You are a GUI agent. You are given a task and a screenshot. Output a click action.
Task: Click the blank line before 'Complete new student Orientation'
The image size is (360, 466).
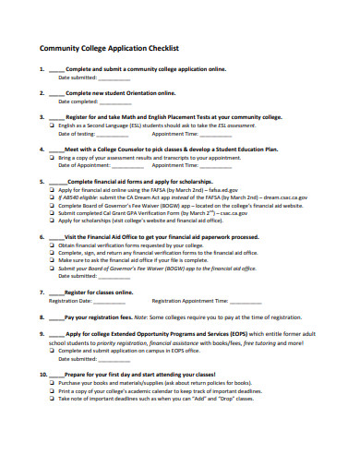pos(57,94)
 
